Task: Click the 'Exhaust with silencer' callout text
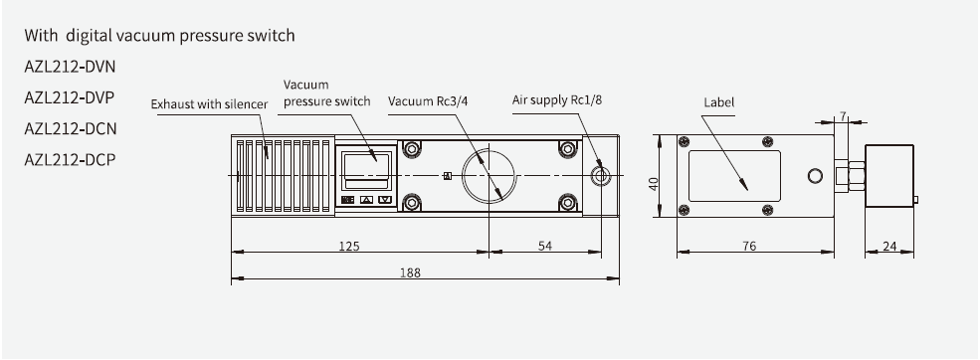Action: point(207,102)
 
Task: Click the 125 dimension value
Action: point(348,246)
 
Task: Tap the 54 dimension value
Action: point(544,246)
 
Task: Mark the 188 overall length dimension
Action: point(409,271)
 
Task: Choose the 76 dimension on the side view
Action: point(748,246)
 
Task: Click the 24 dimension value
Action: point(890,246)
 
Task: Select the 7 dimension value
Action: point(842,116)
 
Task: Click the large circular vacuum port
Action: point(490,175)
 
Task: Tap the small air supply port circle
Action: point(599,175)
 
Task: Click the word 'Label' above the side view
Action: point(717,101)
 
